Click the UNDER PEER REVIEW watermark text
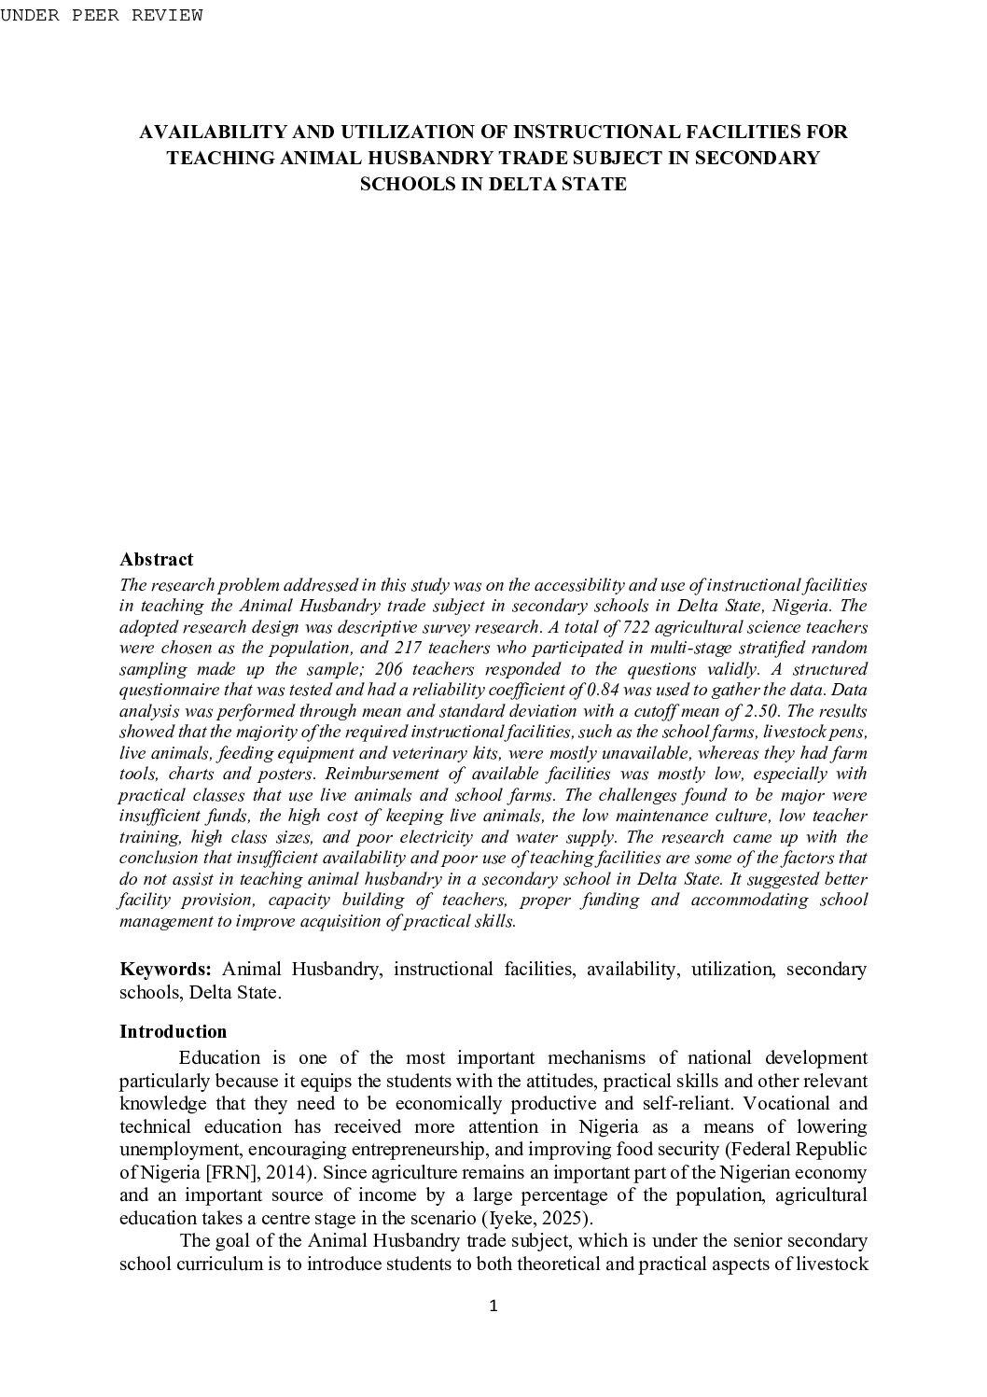pyautogui.click(x=101, y=15)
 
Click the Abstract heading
pyautogui.click(x=156, y=559)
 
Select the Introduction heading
pyautogui.click(x=174, y=1031)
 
